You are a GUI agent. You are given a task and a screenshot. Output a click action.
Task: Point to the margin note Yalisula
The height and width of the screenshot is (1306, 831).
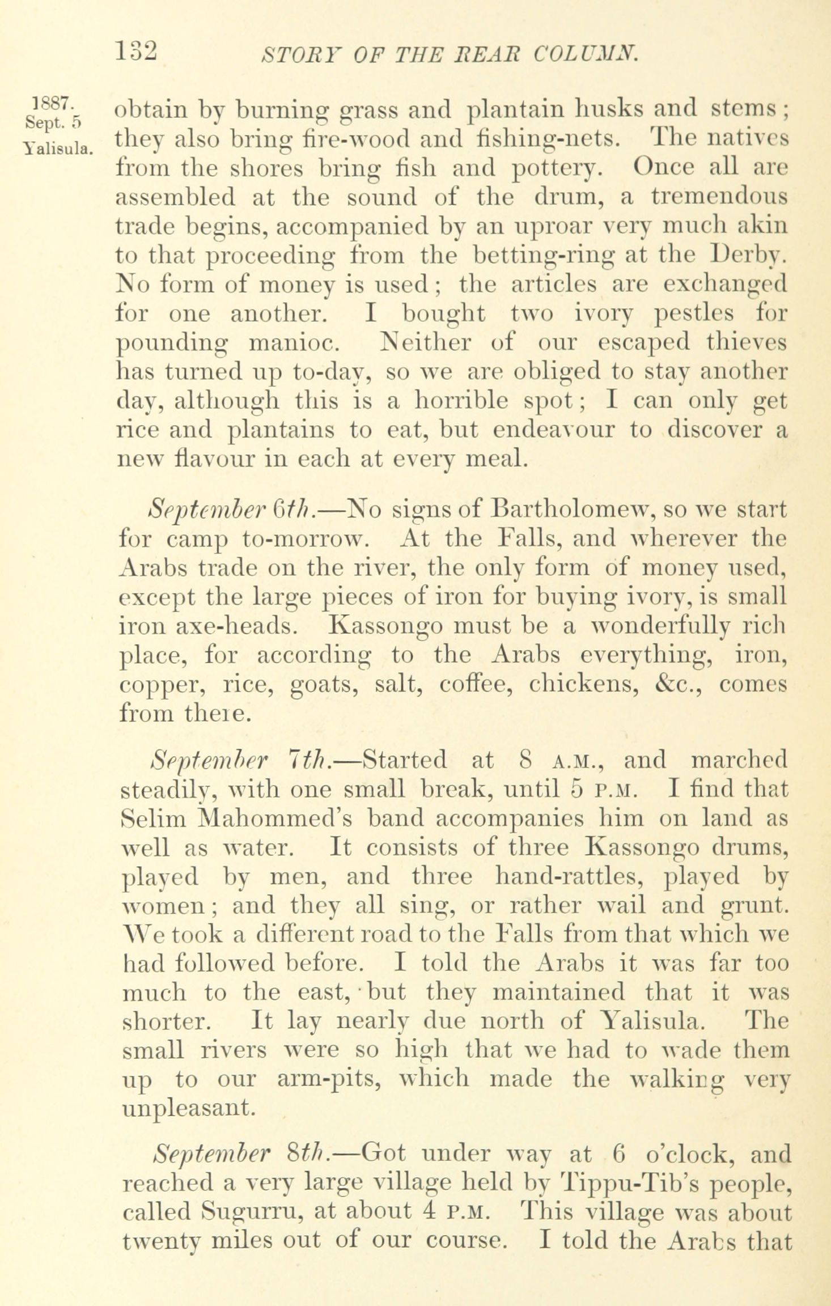[x=58, y=149]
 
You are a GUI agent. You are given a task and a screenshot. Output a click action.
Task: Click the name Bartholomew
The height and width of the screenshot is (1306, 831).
[x=573, y=508]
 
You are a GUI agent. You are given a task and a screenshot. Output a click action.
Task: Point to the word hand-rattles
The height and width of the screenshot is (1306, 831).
[x=573, y=878]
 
